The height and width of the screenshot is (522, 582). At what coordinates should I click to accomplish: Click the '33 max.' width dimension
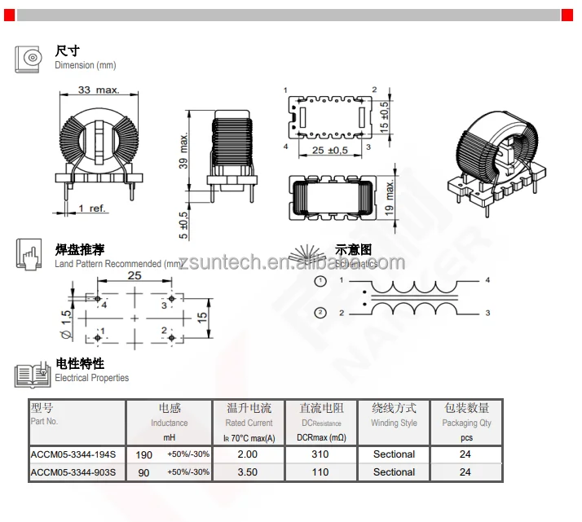[x=99, y=90]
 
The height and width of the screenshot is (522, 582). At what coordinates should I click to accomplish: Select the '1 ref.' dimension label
[x=92, y=208]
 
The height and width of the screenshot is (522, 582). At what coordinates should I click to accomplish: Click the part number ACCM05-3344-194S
[x=73, y=454]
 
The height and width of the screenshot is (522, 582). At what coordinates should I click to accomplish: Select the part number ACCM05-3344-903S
[x=73, y=472]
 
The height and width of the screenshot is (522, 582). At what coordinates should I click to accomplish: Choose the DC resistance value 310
[x=320, y=454]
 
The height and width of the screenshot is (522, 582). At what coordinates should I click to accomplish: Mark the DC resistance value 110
[x=320, y=472]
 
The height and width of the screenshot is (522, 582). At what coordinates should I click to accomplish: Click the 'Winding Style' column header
[x=394, y=423]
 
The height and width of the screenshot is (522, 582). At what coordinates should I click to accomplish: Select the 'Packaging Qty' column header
[x=466, y=423]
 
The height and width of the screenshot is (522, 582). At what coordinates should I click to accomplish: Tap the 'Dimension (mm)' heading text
[x=86, y=65]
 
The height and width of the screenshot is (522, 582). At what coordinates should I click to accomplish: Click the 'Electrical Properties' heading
[x=91, y=378]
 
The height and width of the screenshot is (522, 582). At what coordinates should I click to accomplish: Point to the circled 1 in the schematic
[x=321, y=281]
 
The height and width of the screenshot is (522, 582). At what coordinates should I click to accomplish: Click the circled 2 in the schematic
[x=321, y=313]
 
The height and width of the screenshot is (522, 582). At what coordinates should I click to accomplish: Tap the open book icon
[x=33, y=375]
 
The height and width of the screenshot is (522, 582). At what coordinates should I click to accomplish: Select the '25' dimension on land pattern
[x=134, y=276]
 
